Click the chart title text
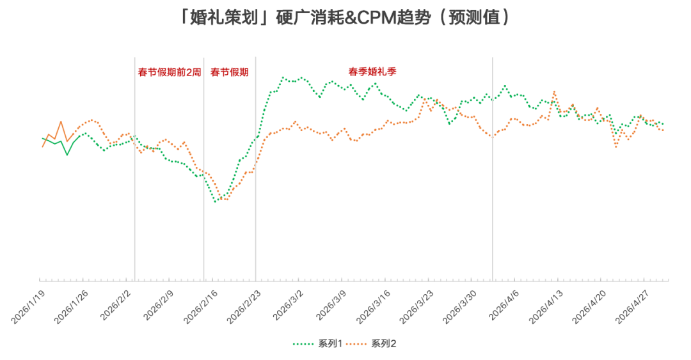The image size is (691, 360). tap(345, 18)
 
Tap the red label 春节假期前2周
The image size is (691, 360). tap(170, 72)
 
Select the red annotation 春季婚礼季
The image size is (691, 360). tap(372, 71)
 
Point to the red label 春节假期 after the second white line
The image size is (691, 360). tap(229, 72)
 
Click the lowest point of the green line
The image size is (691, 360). tap(215, 202)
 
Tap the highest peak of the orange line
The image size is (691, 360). tap(554, 91)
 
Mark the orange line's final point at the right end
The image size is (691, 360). tap(663, 130)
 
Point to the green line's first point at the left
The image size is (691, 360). tap(42, 137)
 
